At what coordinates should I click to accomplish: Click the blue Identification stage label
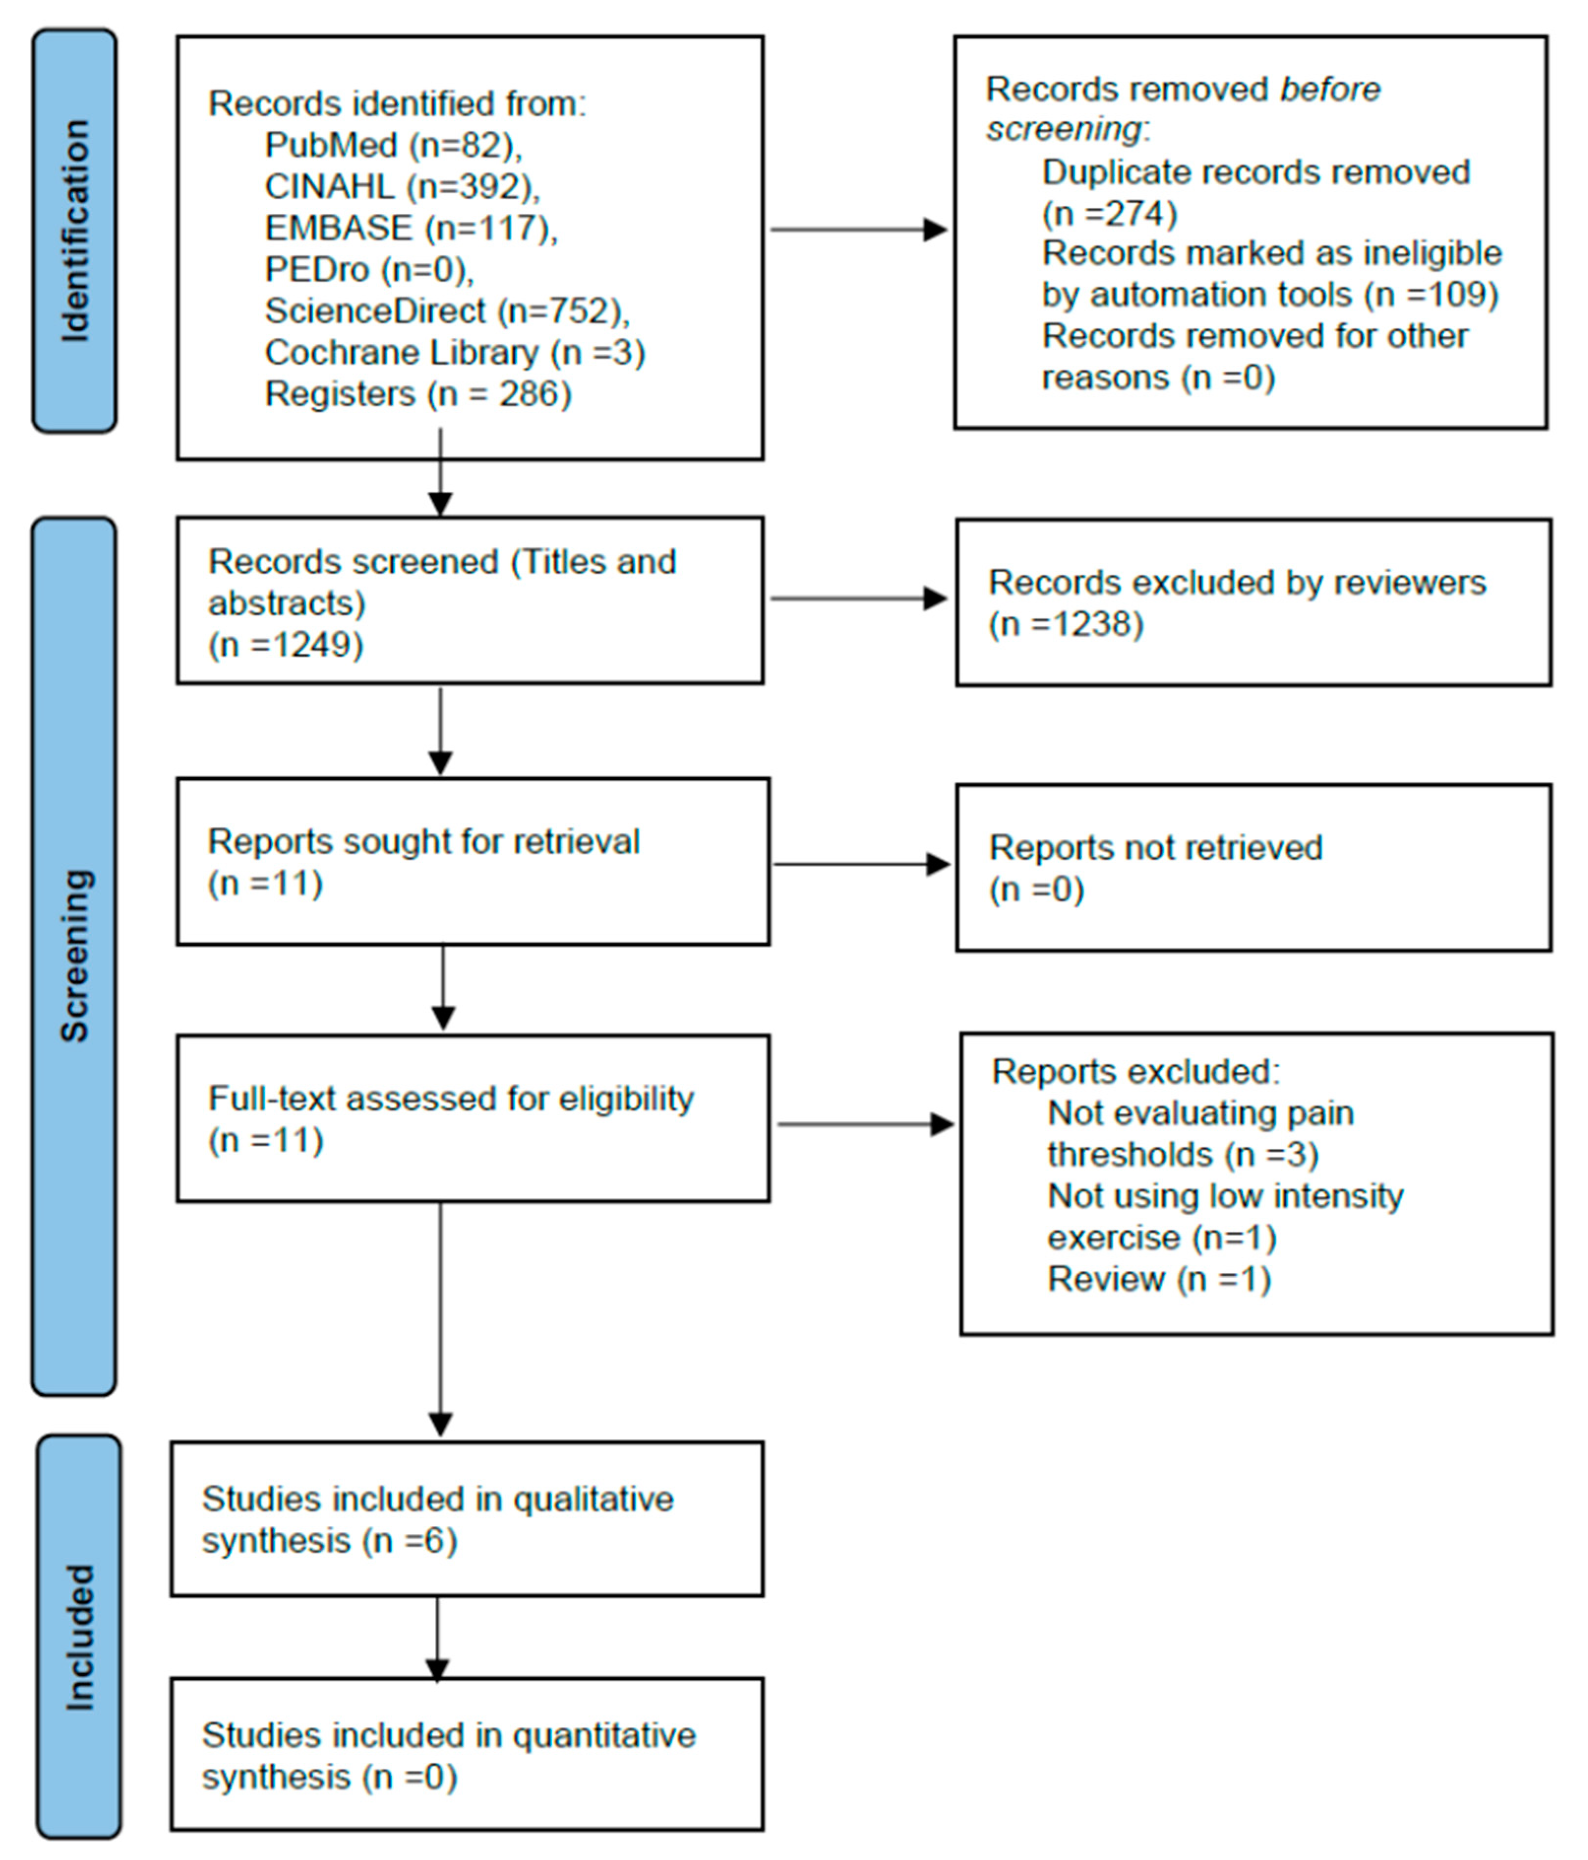(x=75, y=231)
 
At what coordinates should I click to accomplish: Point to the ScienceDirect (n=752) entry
(x=447, y=311)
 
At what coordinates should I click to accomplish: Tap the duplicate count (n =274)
(x=1110, y=214)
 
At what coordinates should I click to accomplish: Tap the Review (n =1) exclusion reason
(x=1159, y=1279)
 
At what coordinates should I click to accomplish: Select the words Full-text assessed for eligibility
(x=451, y=1099)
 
